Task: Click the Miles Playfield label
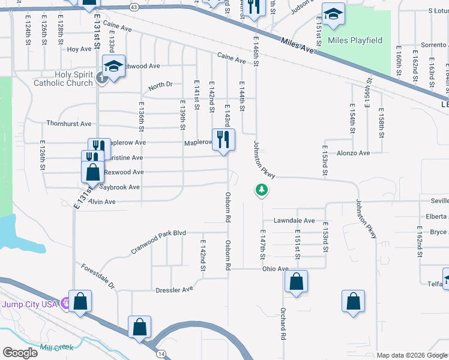(x=355, y=40)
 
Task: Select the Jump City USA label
(x=29, y=304)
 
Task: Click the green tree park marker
(x=262, y=191)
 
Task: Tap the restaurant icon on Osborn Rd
(x=223, y=140)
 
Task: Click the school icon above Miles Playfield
(x=333, y=14)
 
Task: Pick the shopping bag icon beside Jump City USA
(x=80, y=302)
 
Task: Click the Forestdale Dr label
(x=98, y=276)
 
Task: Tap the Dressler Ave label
(x=174, y=289)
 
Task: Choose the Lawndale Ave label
(x=294, y=221)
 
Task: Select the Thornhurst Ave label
(x=69, y=124)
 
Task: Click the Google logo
(x=20, y=353)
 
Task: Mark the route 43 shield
(x=134, y=7)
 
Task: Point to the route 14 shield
(x=161, y=355)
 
